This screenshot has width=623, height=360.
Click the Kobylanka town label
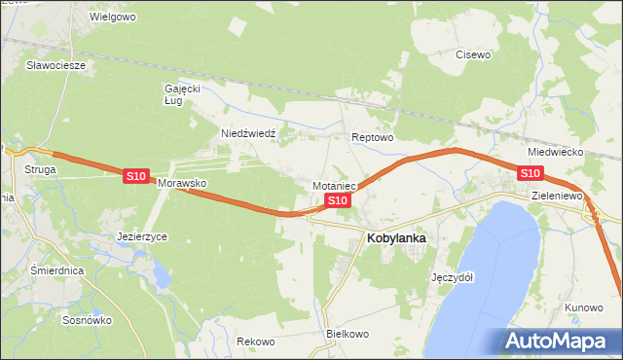click(x=396, y=236)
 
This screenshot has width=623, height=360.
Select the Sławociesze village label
click(x=56, y=65)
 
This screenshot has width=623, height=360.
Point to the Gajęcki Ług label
click(x=181, y=93)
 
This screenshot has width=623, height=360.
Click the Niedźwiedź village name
click(x=249, y=133)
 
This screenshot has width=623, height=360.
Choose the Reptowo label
click(x=372, y=138)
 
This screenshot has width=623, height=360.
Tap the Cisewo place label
click(x=473, y=54)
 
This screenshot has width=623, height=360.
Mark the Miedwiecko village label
click(x=554, y=153)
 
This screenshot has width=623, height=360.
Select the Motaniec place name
click(x=336, y=185)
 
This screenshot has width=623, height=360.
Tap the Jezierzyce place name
click(x=142, y=236)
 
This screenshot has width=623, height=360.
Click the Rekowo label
click(x=256, y=342)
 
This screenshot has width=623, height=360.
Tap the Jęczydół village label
click(x=452, y=277)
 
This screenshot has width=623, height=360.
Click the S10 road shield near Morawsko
click(x=135, y=176)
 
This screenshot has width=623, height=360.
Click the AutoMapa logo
click(x=558, y=342)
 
